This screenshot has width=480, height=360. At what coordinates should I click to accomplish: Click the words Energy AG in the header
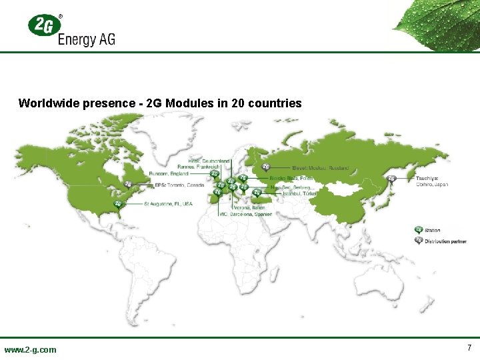pos(87,39)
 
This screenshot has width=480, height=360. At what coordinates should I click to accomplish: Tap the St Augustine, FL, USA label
pos(168,203)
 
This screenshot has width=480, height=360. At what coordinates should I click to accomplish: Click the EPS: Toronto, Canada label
pos(179,185)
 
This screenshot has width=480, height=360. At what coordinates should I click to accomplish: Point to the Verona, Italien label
pos(254,207)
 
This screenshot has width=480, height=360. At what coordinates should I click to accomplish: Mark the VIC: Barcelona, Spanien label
pos(246,214)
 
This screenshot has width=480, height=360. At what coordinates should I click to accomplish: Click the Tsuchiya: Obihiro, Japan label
pos(431,181)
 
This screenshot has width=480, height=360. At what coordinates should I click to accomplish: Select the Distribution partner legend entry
pos(446,241)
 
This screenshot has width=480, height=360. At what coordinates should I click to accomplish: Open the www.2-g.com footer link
pos(31,349)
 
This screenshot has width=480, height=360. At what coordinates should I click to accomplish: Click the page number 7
pos(469,347)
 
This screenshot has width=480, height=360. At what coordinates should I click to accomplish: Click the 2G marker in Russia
pos(266,167)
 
